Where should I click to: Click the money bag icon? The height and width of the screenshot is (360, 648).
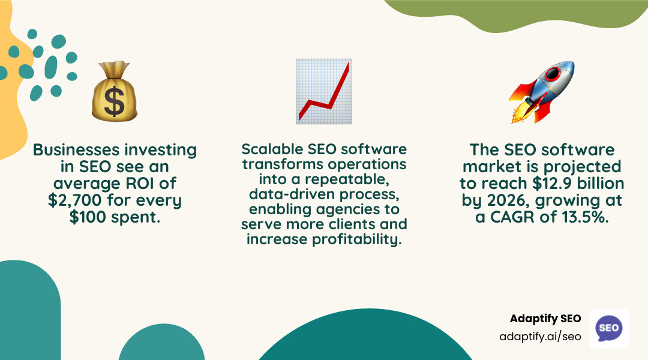[114, 92]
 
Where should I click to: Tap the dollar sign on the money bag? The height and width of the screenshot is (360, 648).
[114, 101]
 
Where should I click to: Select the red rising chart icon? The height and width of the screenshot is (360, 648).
[324, 91]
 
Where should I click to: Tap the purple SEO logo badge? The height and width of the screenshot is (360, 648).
[609, 328]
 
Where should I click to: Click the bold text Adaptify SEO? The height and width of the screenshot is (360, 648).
[545, 319]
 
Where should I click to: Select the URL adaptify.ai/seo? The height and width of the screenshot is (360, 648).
[540, 337]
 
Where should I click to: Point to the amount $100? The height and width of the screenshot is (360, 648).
[89, 217]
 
